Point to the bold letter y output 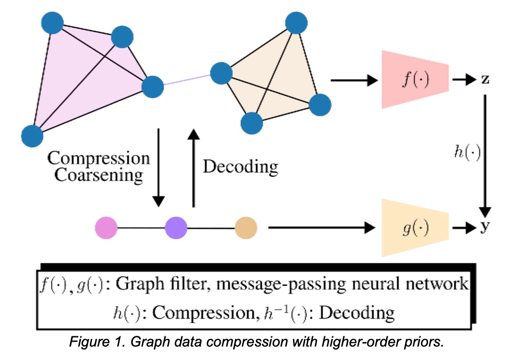tap(485, 228)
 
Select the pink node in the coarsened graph tap(106, 228)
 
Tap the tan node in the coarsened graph tap(246, 228)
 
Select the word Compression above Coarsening tap(99, 158)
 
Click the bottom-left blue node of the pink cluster tap(32, 136)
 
